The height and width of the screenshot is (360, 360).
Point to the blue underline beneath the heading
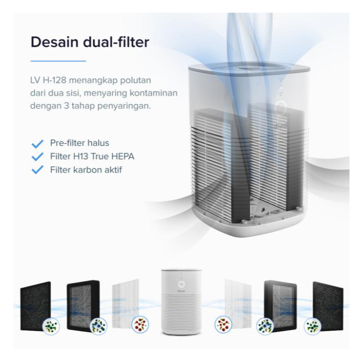pyautogui.click(x=58, y=61)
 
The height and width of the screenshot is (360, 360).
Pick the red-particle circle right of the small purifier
pyautogui.click(x=222, y=325)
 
